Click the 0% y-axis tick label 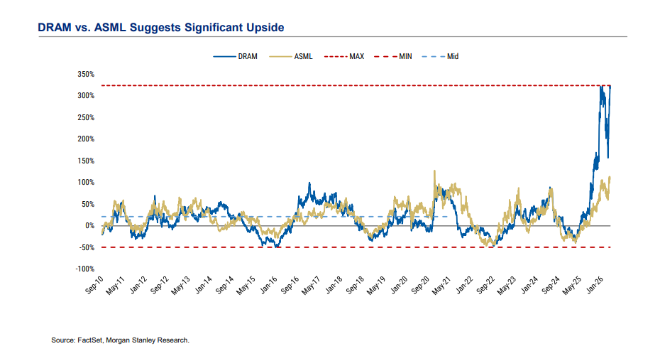pos(89,225)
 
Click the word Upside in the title pos(260,28)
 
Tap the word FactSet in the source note pos(91,341)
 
